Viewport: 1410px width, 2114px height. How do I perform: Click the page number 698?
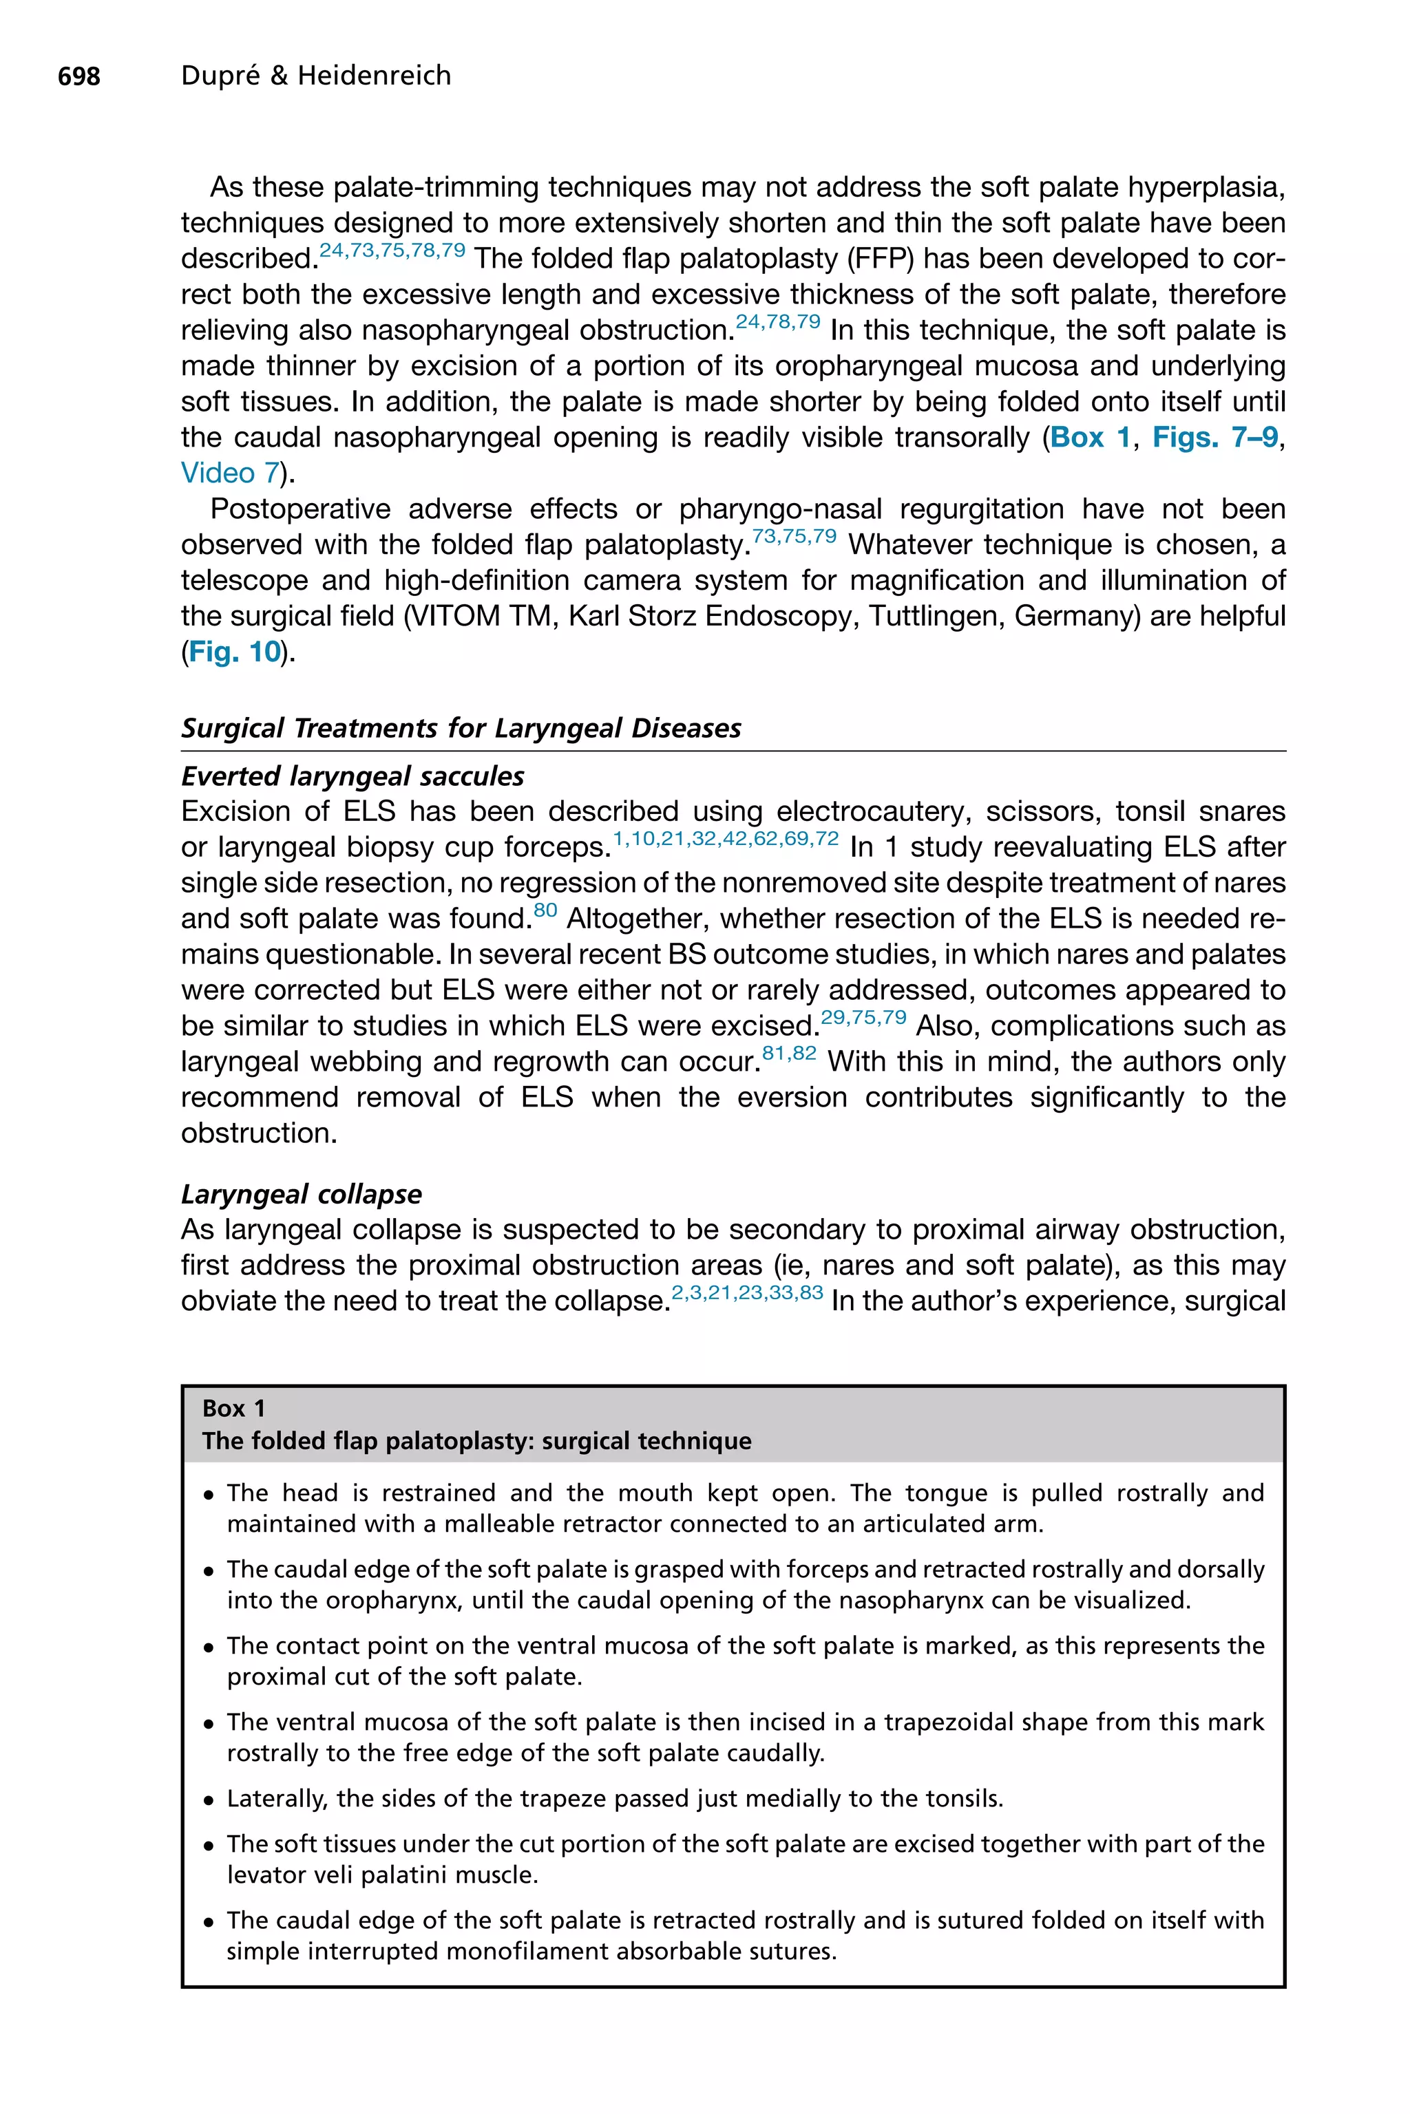pos(79,76)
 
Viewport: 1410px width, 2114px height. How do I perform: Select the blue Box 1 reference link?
pos(1089,438)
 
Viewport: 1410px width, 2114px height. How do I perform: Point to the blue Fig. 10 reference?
pos(235,652)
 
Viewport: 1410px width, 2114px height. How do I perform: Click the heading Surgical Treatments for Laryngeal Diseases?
pos(461,728)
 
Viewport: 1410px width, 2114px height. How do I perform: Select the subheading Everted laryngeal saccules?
pos(352,776)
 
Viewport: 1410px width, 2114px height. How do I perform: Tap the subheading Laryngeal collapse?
pos(302,1194)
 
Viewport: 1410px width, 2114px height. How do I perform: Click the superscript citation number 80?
pos(545,910)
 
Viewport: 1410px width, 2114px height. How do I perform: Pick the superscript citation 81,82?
pos(788,1054)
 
